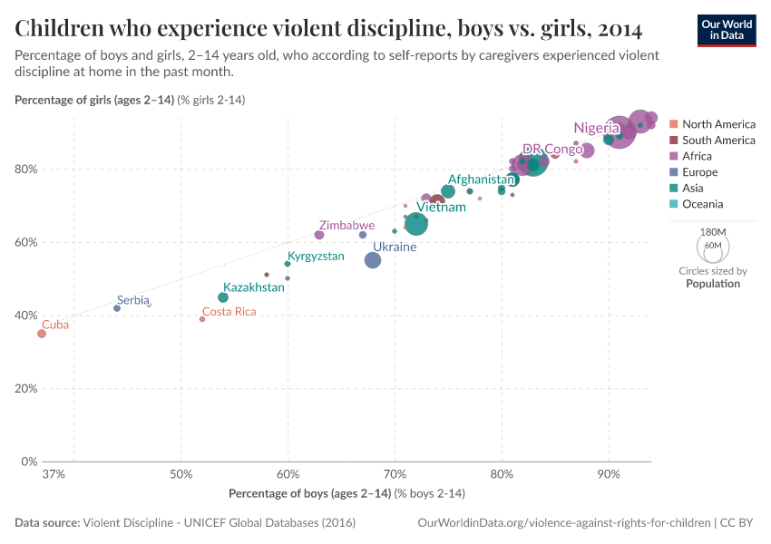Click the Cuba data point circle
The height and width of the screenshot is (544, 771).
pyautogui.click(x=41, y=334)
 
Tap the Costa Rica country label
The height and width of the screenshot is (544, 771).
pyautogui.click(x=229, y=312)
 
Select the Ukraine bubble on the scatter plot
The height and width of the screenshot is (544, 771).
pyautogui.click(x=373, y=260)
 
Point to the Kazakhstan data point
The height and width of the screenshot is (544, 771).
pyautogui.click(x=223, y=297)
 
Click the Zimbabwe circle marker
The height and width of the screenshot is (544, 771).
pyautogui.click(x=319, y=235)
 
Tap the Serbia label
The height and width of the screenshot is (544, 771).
pyautogui.click(x=132, y=300)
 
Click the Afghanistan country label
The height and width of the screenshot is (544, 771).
pyautogui.click(x=482, y=180)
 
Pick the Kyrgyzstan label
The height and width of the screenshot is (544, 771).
pyautogui.click(x=316, y=257)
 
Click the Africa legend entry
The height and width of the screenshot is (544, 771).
pyautogui.click(x=697, y=156)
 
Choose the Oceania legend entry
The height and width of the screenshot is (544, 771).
pyautogui.click(x=702, y=204)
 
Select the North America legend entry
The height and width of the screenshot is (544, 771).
pyautogui.click(x=718, y=124)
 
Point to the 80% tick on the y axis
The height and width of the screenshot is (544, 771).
pyautogui.click(x=25, y=170)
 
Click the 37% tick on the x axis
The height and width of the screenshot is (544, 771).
pyautogui.click(x=54, y=474)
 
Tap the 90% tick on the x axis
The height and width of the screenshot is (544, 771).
pyautogui.click(x=609, y=474)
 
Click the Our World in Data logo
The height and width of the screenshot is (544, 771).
pyautogui.click(x=727, y=30)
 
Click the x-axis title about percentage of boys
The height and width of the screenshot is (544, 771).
pyautogui.click(x=346, y=493)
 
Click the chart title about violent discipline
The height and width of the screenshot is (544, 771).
pyautogui.click(x=329, y=29)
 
